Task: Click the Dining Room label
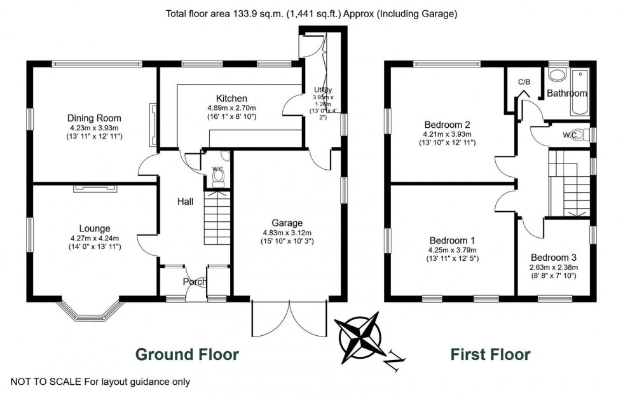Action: (94, 118)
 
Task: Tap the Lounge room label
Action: (95, 228)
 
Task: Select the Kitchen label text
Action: (231, 99)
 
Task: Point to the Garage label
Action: (287, 223)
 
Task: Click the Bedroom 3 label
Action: (554, 258)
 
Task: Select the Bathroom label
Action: (567, 94)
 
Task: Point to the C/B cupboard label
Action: (524, 82)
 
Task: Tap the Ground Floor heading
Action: (188, 354)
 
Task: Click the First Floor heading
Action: (490, 354)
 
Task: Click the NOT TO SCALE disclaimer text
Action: (95, 382)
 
